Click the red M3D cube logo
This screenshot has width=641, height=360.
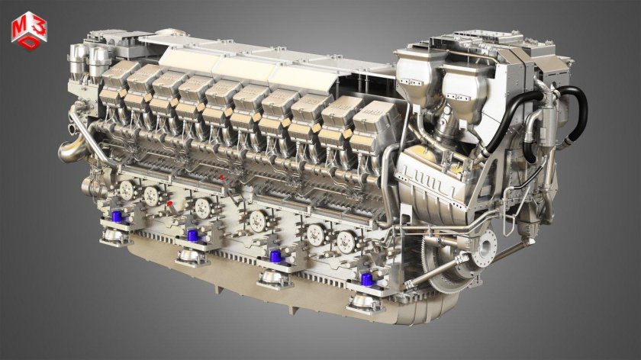pyautogui.click(x=29, y=31)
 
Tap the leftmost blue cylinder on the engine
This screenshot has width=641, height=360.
pyautogui.click(x=118, y=216)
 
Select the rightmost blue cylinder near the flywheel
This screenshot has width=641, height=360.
pyautogui.click(x=367, y=279)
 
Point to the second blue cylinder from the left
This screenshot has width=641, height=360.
pyautogui.click(x=192, y=235)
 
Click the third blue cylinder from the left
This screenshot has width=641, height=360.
pyautogui.click(x=275, y=256)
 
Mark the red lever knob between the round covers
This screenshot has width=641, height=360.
pyautogui.click(x=169, y=203)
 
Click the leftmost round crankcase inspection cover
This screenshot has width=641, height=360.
pyautogui.click(x=127, y=190)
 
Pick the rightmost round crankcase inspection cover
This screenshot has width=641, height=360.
pyautogui.click(x=346, y=242)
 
